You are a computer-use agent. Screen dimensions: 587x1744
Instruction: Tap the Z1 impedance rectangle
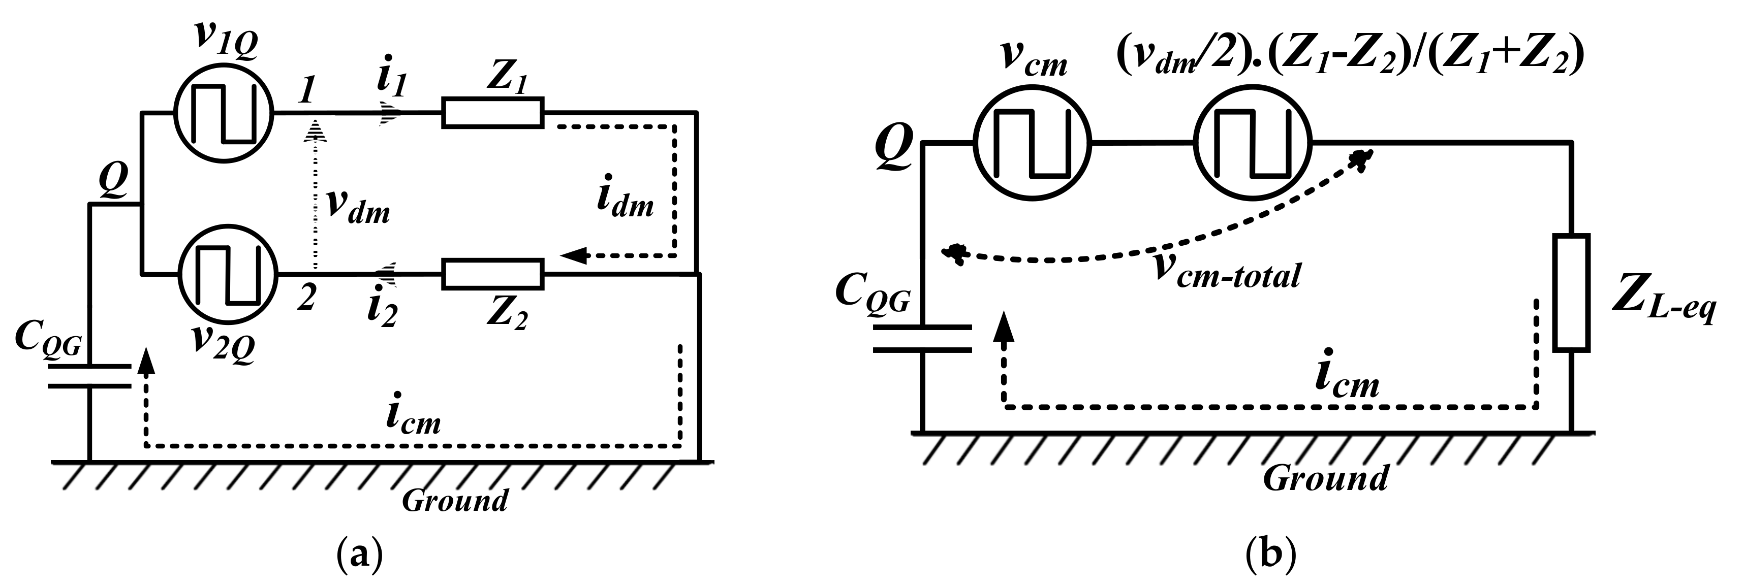pyautogui.click(x=493, y=113)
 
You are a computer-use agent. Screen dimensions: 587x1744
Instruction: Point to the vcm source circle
pyautogui.click(x=1032, y=143)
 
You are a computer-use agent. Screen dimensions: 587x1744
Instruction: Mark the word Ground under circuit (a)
pyautogui.click(x=455, y=501)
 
